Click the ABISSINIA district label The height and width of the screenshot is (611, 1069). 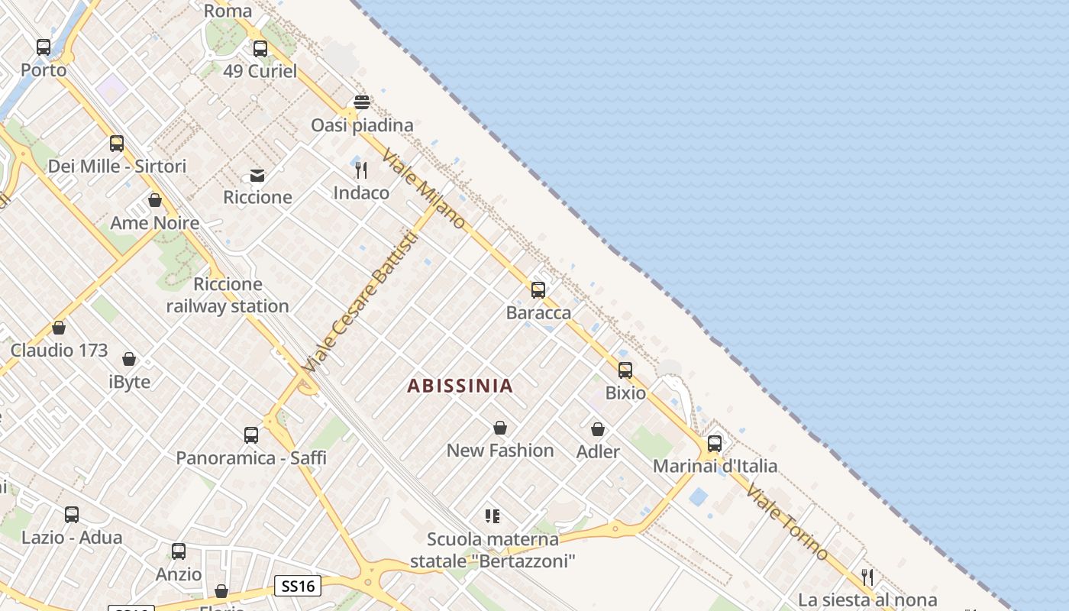(460, 386)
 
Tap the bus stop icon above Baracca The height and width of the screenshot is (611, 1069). (538, 290)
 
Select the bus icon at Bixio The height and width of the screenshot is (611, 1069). (625, 370)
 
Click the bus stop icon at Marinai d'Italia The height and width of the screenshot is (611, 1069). (715, 444)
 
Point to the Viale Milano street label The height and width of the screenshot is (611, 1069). (424, 188)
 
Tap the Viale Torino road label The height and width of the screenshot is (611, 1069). (786, 521)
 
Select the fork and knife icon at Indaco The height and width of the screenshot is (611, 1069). (361, 170)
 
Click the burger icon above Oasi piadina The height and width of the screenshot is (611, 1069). (362, 102)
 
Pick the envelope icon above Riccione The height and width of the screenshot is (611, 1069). (257, 176)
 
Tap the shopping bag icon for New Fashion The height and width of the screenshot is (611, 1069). (500, 428)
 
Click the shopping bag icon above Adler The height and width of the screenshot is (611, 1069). (598, 430)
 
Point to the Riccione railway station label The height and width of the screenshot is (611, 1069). (228, 296)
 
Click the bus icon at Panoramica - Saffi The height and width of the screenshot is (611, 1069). (251, 435)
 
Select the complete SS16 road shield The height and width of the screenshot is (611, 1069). (298, 587)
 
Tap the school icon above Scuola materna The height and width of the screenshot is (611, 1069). (493, 516)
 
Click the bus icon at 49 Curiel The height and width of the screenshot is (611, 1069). (260, 49)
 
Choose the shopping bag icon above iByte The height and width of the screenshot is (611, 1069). (129, 359)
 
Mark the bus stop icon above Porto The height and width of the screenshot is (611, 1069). (44, 47)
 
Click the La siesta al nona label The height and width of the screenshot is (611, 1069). (867, 600)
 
